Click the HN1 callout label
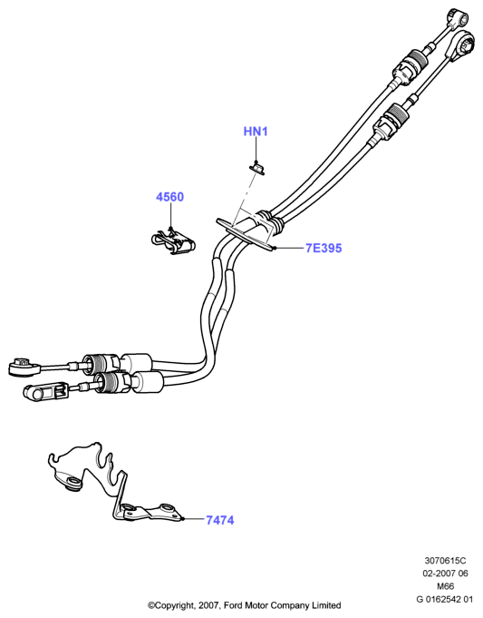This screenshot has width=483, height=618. click(256, 132)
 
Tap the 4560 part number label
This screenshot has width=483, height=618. click(169, 197)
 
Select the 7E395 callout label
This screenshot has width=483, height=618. click(324, 248)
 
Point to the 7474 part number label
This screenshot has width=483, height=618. click(220, 520)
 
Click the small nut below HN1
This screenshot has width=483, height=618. click(256, 169)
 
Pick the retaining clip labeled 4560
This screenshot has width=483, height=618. click(173, 241)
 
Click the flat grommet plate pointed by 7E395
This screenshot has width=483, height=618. click(245, 234)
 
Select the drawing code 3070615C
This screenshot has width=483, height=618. click(445, 560)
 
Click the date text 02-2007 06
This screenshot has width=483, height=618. click(445, 573)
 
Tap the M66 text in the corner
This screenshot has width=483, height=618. click(445, 586)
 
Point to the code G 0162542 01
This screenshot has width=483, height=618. click(444, 599)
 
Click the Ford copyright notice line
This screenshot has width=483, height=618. click(244, 605)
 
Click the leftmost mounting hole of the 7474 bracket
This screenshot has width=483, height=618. click(72, 482)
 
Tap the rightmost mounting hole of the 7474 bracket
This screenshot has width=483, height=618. click(167, 507)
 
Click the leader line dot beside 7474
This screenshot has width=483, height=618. click(184, 519)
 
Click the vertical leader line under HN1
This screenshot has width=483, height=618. click(256, 150)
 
